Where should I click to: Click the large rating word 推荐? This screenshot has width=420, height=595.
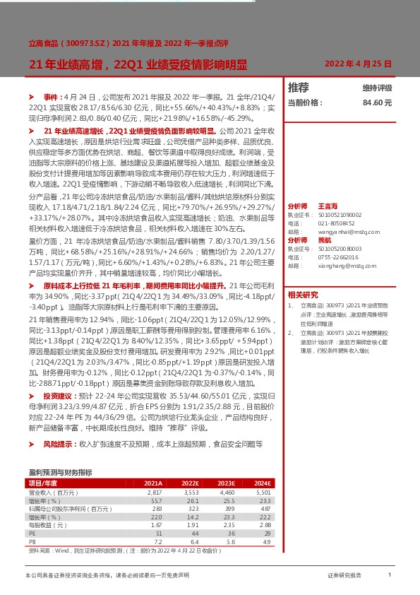coord(299,88)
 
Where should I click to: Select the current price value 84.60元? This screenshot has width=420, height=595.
coord(377,102)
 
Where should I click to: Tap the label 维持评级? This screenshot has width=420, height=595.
coord(377,88)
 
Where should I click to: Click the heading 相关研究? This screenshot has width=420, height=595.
coord(303,295)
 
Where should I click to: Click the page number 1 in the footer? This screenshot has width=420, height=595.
coord(389,576)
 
